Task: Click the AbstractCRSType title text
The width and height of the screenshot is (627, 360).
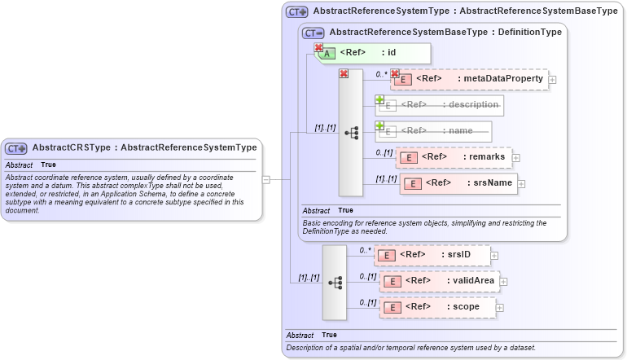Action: tap(144, 148)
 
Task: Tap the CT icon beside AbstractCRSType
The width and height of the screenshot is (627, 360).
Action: tap(16, 148)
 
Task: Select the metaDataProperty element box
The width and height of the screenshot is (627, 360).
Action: tap(470, 79)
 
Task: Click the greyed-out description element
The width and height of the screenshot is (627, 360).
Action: tap(440, 105)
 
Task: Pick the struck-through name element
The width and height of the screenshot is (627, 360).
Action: tap(433, 130)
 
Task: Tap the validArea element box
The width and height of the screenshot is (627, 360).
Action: tap(440, 281)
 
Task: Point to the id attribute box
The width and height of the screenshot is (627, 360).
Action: tap(372, 53)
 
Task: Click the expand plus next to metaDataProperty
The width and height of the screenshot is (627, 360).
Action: tap(553, 80)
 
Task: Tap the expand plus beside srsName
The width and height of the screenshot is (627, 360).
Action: tap(522, 183)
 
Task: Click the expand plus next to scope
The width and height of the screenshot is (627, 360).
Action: tap(500, 308)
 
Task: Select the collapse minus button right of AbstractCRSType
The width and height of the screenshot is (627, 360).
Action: tap(266, 180)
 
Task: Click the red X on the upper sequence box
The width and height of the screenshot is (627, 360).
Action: tap(344, 74)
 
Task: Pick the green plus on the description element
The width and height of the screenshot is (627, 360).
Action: tap(379, 100)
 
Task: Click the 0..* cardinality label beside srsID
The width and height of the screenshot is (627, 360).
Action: tap(366, 250)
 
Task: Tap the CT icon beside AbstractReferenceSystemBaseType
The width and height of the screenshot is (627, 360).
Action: tap(313, 33)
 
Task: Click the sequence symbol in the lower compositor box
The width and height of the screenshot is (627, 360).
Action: tap(334, 282)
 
